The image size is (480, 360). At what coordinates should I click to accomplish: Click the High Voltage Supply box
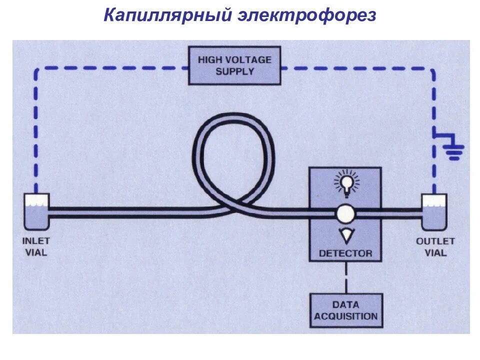(x=234, y=65)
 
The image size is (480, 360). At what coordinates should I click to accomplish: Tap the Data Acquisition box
(x=346, y=310)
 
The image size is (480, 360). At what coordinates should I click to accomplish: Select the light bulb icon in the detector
(x=345, y=182)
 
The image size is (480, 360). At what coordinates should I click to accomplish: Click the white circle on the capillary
(x=345, y=213)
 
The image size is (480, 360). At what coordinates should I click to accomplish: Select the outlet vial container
(x=434, y=210)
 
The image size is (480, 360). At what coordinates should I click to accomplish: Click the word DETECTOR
(x=345, y=253)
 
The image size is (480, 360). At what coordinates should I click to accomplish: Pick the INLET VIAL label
(x=36, y=246)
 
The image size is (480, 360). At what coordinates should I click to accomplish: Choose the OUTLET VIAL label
(x=435, y=246)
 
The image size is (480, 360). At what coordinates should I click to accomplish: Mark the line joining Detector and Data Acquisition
(x=345, y=277)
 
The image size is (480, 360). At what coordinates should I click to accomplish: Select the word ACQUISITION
(x=346, y=316)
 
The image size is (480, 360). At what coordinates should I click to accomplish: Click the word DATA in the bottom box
(x=346, y=304)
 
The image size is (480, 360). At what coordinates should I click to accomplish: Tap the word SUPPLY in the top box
(x=234, y=71)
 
